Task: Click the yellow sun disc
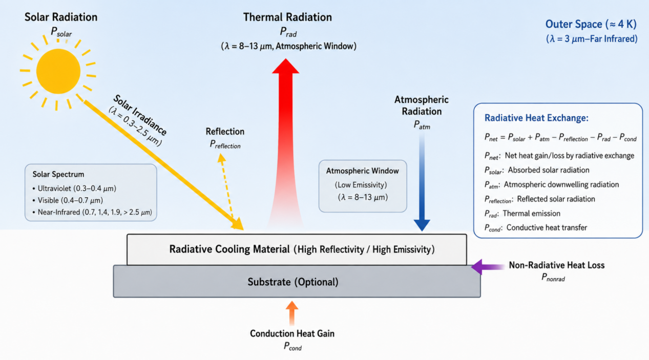[x=58, y=71]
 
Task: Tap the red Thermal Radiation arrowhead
[x=286, y=67]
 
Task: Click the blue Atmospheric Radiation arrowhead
[x=422, y=225]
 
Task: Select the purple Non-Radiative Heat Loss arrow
[x=488, y=267]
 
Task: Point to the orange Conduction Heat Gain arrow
[x=292, y=313]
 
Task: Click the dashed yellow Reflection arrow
[x=226, y=186]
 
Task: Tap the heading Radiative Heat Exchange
[x=536, y=118]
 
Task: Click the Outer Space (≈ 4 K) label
[x=591, y=24]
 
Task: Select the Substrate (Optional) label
[x=293, y=282]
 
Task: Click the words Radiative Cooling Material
[x=229, y=249]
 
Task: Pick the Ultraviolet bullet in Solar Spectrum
[x=74, y=188]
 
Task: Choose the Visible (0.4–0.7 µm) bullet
[x=68, y=200]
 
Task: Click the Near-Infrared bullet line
[x=92, y=213]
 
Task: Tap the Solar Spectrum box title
[x=58, y=174]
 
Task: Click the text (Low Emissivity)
[x=361, y=185]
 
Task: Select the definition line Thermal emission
[x=531, y=214]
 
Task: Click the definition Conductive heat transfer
[x=547, y=228]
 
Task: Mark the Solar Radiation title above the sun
[x=61, y=17]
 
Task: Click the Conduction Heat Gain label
[x=292, y=334]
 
